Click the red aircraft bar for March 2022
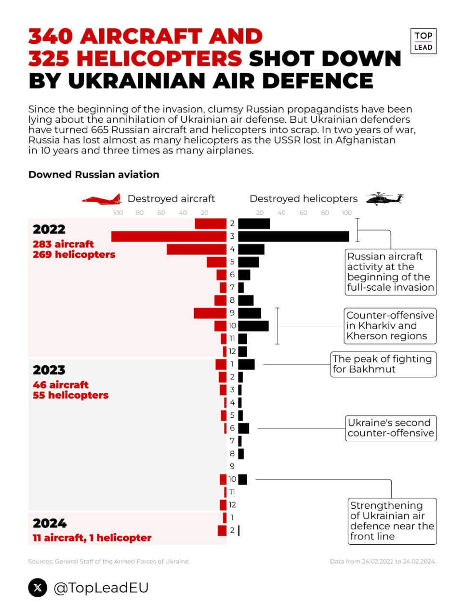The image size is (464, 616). [x=169, y=236]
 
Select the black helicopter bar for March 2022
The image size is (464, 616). [x=293, y=236]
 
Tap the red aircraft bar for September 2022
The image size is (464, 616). [x=210, y=313]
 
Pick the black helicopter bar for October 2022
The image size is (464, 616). [x=253, y=326]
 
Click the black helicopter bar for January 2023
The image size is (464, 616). [x=246, y=364]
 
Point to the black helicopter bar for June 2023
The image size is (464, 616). [x=244, y=428]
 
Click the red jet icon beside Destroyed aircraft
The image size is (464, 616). [x=102, y=199]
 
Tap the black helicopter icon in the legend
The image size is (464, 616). [x=384, y=198]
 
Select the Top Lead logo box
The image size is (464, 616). [x=423, y=41]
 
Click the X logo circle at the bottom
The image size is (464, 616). [x=38, y=588]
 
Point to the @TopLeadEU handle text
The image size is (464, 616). [x=101, y=588]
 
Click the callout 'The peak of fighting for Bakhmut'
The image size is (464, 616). [x=383, y=364]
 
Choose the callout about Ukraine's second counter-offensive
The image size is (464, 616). [x=391, y=428]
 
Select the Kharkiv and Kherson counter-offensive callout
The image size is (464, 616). [x=390, y=326]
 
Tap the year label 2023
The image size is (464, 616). [x=49, y=370]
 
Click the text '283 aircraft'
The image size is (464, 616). [x=63, y=244]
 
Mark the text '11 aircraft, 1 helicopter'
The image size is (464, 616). [x=92, y=538]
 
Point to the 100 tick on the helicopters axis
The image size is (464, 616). [x=347, y=213]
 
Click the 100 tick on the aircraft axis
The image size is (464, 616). [x=118, y=213]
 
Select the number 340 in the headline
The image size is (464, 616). [x=51, y=37]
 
